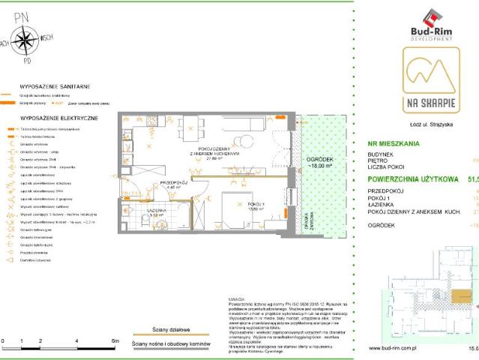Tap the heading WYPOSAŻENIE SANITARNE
coord(49,87)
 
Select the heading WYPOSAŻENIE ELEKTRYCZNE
coord(52,118)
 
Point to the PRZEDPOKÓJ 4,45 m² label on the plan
coord(172,185)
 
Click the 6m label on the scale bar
coord(114,340)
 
